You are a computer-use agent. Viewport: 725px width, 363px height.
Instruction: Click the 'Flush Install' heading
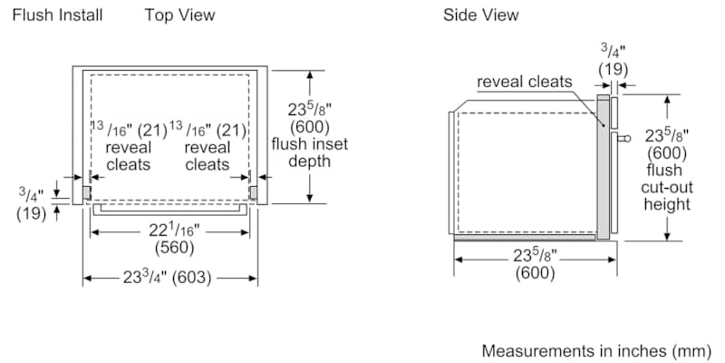coord(57,15)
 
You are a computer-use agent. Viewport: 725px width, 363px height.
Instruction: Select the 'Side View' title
coord(480,15)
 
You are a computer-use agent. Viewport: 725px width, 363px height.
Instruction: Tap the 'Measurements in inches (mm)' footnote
coord(598,350)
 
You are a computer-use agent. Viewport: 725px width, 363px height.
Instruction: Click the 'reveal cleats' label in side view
coord(525,82)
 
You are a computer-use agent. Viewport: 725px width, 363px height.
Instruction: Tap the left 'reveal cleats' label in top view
coord(129,155)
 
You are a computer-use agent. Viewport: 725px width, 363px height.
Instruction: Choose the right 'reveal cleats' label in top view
coord(208,155)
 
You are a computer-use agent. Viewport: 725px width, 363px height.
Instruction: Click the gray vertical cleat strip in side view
coord(602,163)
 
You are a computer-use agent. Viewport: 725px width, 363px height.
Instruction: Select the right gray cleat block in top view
coord(253,192)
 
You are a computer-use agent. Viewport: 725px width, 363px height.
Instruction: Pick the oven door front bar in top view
coord(169,207)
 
